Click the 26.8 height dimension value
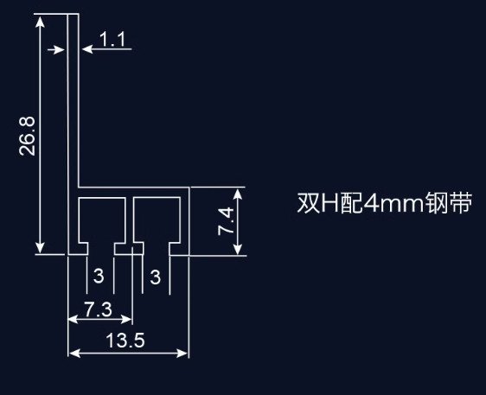28,137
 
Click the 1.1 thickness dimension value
112,40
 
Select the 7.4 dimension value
226,221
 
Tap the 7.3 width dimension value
99,309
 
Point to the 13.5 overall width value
125,340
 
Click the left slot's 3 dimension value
99,276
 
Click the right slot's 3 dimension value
156,277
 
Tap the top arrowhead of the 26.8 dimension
40,22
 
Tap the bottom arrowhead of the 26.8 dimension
40,247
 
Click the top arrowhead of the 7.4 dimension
238,194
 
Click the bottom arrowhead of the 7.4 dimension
238,249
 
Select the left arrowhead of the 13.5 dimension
74,353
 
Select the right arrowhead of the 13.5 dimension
182,353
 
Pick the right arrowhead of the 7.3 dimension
126,319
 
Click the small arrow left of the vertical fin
56,49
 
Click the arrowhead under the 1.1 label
87,49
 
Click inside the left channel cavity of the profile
102,220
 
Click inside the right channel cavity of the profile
157,220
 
